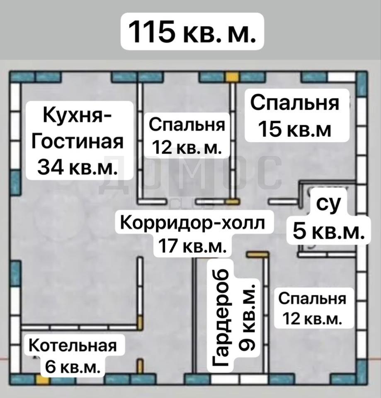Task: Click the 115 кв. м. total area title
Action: coord(192,31)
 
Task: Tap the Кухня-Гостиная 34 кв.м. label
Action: coord(80,141)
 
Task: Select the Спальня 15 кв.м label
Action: coord(297,116)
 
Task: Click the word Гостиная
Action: coord(78,141)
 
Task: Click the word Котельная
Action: coord(73,346)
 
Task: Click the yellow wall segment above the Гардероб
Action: coord(258,254)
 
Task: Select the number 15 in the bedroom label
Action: coord(269,129)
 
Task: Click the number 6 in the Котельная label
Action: coord(50,367)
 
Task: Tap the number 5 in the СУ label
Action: coord(300,231)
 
